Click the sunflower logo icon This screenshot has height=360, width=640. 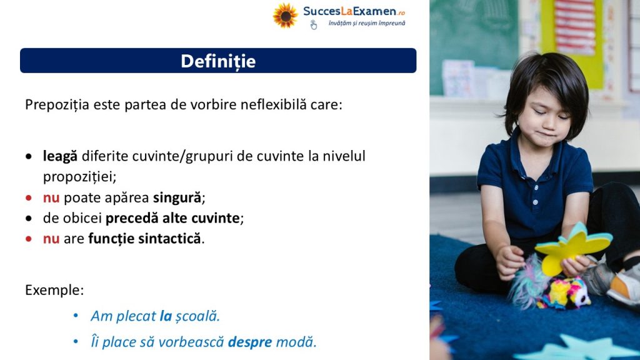(285, 16)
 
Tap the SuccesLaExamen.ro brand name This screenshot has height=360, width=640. (354, 11)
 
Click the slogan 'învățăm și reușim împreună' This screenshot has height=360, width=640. (366, 23)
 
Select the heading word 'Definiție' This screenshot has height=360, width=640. (218, 61)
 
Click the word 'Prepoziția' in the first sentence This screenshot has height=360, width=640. (57, 105)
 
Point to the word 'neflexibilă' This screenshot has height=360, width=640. (274, 104)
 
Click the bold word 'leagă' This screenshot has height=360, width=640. (60, 156)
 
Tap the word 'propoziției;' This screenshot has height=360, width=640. (79, 177)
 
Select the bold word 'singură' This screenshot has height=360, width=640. (177, 198)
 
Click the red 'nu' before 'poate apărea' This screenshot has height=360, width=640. (51, 198)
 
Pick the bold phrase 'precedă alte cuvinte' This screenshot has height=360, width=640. (172, 218)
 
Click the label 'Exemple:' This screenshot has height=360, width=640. (54, 290)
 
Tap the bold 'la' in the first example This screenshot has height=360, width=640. (166, 316)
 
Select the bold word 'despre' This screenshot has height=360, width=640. (250, 342)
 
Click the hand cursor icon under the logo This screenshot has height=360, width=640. (313, 25)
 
